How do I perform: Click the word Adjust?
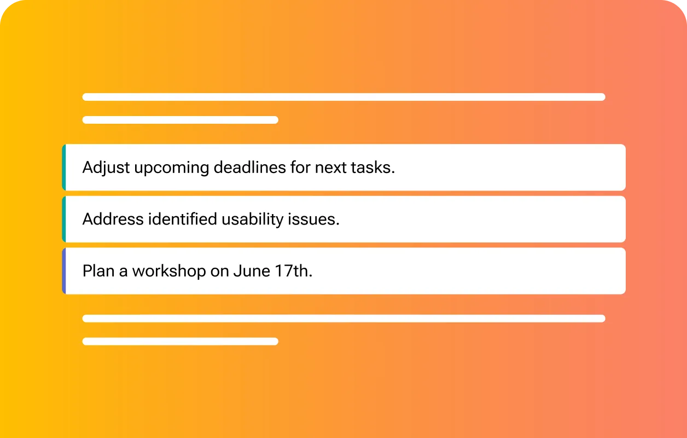pos(106,168)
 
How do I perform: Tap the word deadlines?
pos(249,168)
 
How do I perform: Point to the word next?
pos(330,168)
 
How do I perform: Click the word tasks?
pos(373,168)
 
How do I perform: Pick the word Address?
pos(113,219)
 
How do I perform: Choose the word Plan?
pos(98,270)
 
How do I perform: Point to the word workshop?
pos(169,271)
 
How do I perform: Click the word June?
pos(252,270)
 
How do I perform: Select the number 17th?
pos(294,270)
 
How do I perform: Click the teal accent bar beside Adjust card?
pos(64,168)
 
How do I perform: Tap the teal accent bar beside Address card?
pos(64,219)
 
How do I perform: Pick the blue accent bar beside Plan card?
pos(64,271)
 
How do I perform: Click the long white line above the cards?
pos(344,97)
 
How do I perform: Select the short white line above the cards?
pos(181,120)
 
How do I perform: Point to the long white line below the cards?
pos(344,318)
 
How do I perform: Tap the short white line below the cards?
pos(181,341)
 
